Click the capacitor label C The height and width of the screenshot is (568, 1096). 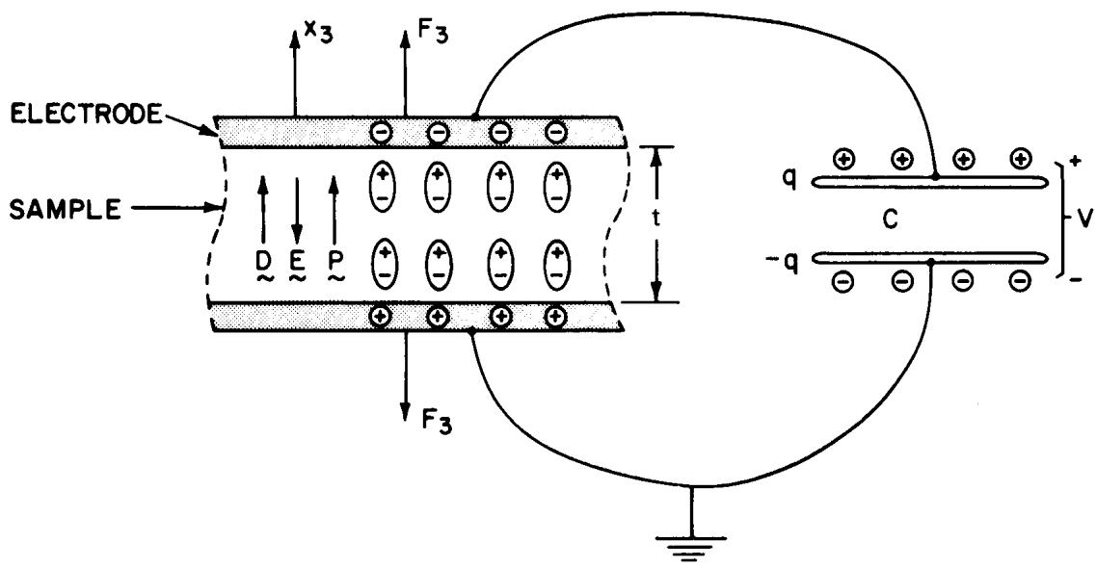click(x=889, y=220)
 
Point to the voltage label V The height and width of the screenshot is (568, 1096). click(x=1083, y=221)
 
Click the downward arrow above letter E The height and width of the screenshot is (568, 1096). click(x=296, y=208)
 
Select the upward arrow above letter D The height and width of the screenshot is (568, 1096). click(x=263, y=208)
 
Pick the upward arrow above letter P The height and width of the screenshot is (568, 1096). click(x=334, y=208)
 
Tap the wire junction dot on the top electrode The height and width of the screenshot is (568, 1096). click(x=475, y=116)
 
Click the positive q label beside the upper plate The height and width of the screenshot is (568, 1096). click(x=789, y=181)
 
